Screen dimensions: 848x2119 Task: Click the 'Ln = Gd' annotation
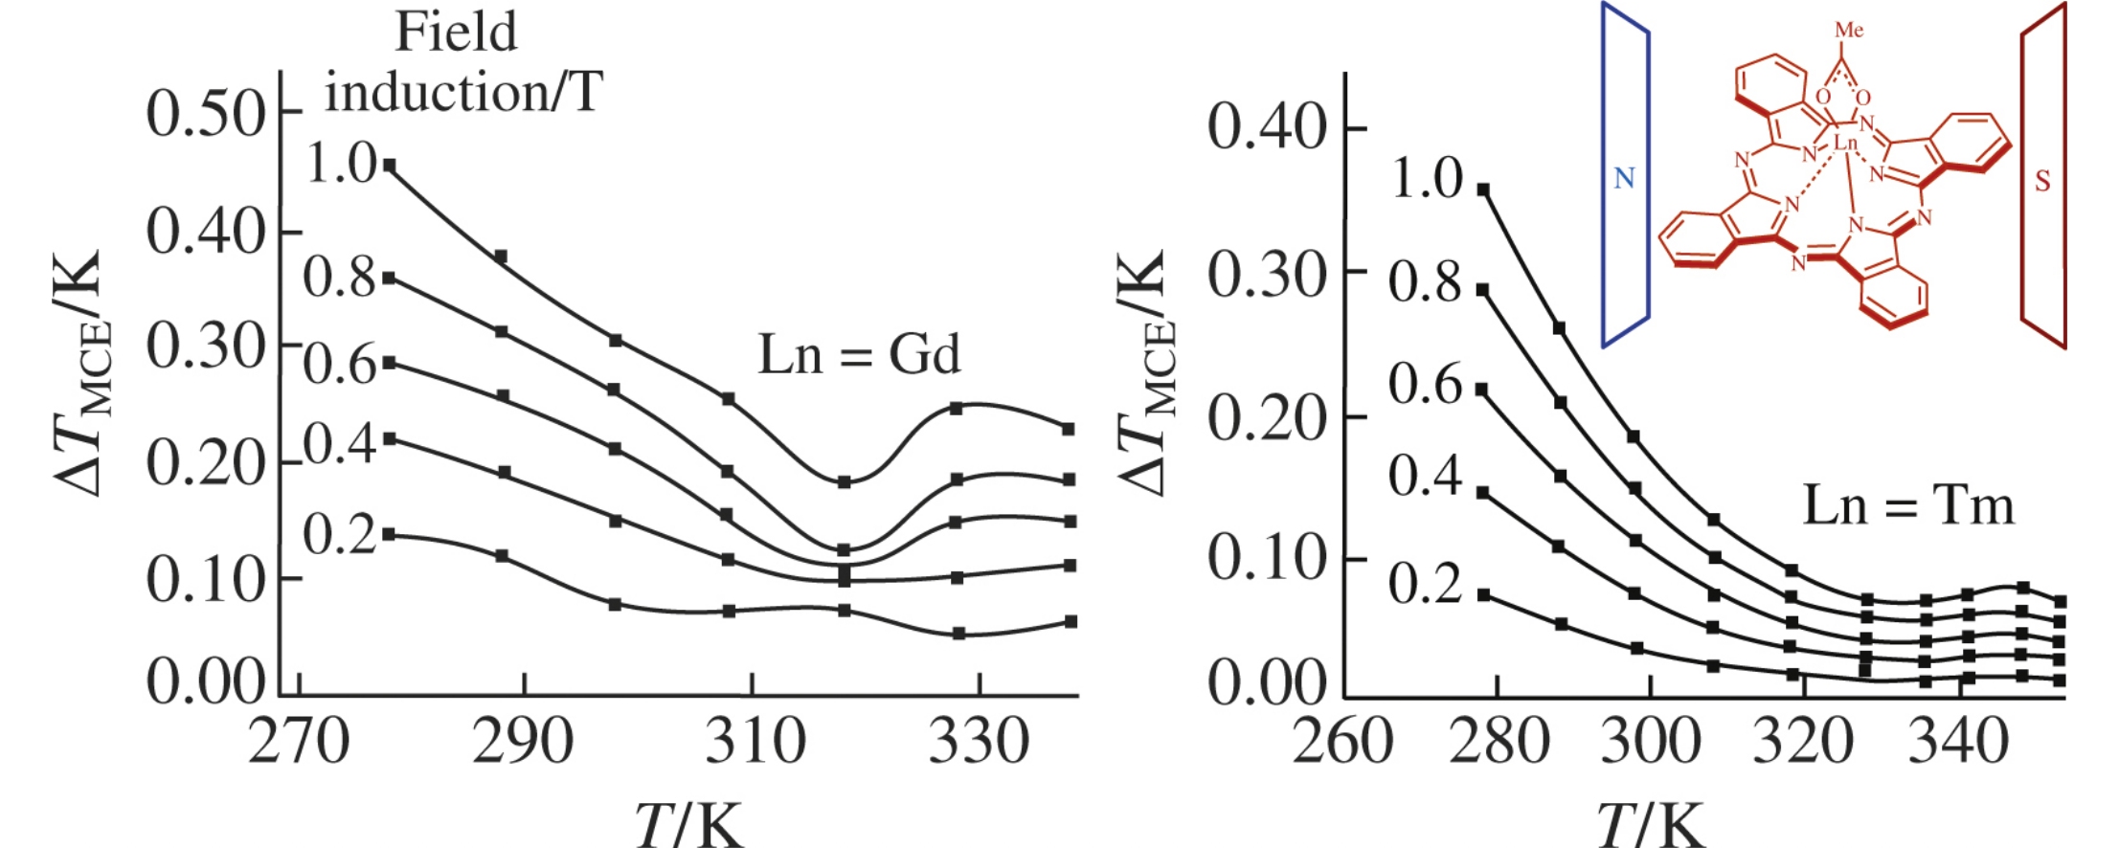coord(858,356)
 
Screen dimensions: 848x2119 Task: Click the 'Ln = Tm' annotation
coord(1907,505)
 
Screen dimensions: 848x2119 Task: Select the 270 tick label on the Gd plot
coord(298,742)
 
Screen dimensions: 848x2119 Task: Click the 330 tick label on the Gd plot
coord(979,742)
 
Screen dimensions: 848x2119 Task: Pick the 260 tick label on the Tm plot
coord(1342,742)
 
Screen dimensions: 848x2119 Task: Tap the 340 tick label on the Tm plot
coord(1957,742)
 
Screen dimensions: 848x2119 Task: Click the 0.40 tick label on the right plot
coord(1266,126)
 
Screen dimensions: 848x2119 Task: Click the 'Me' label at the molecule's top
coord(1849,31)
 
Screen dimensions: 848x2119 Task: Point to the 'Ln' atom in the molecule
coord(1845,144)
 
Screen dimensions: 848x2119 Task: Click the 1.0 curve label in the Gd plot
coord(341,164)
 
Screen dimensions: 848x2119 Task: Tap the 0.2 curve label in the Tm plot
coord(1426,584)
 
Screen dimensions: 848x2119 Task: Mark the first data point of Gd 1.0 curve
coord(390,166)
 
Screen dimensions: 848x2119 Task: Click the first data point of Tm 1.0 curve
coord(1483,190)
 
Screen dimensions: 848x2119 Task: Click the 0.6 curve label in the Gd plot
coord(341,366)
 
